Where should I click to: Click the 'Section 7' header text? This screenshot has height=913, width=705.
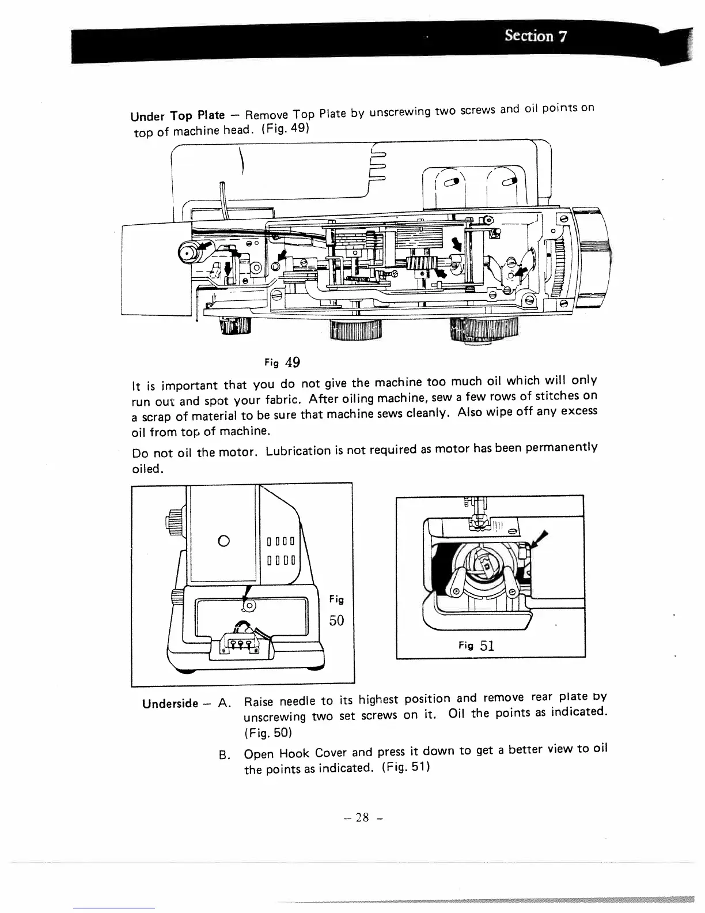[x=536, y=36]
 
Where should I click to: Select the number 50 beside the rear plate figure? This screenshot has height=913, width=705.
[x=336, y=621]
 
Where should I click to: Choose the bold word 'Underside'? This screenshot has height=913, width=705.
[x=170, y=704]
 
